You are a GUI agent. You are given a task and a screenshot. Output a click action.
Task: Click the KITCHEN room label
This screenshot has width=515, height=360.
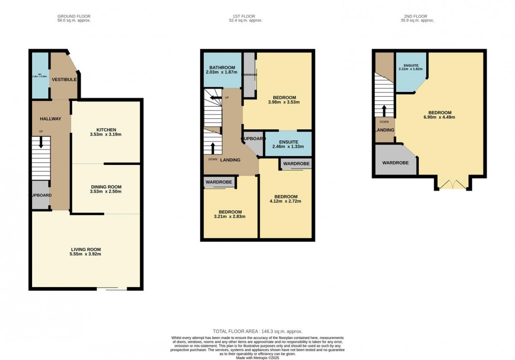click(106, 129)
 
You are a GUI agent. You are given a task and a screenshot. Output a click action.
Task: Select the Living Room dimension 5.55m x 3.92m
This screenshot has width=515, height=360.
click(86, 255)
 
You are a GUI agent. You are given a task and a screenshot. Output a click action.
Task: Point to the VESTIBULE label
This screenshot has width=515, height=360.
click(64, 79)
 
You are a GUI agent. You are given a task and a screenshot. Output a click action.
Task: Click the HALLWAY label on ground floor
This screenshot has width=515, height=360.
click(50, 119)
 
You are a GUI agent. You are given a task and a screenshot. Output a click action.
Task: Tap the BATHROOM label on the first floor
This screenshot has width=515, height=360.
click(222, 67)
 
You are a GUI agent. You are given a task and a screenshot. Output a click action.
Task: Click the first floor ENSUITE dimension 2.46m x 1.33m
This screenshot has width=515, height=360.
click(287, 148)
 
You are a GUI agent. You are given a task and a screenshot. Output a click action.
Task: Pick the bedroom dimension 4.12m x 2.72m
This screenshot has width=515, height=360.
click(286, 199)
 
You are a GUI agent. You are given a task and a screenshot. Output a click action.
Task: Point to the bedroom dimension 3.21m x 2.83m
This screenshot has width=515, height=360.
click(230, 217)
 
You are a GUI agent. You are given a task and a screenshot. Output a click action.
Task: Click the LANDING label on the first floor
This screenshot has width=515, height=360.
click(231, 160)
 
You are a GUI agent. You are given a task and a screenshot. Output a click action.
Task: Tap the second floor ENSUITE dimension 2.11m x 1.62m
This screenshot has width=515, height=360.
click(411, 69)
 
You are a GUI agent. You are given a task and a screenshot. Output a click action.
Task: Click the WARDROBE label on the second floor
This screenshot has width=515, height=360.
click(395, 163)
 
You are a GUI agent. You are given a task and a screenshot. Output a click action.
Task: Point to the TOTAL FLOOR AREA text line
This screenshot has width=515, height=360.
click(257, 331)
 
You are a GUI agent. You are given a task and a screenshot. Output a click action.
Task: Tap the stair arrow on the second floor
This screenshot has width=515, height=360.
click(384, 111)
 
